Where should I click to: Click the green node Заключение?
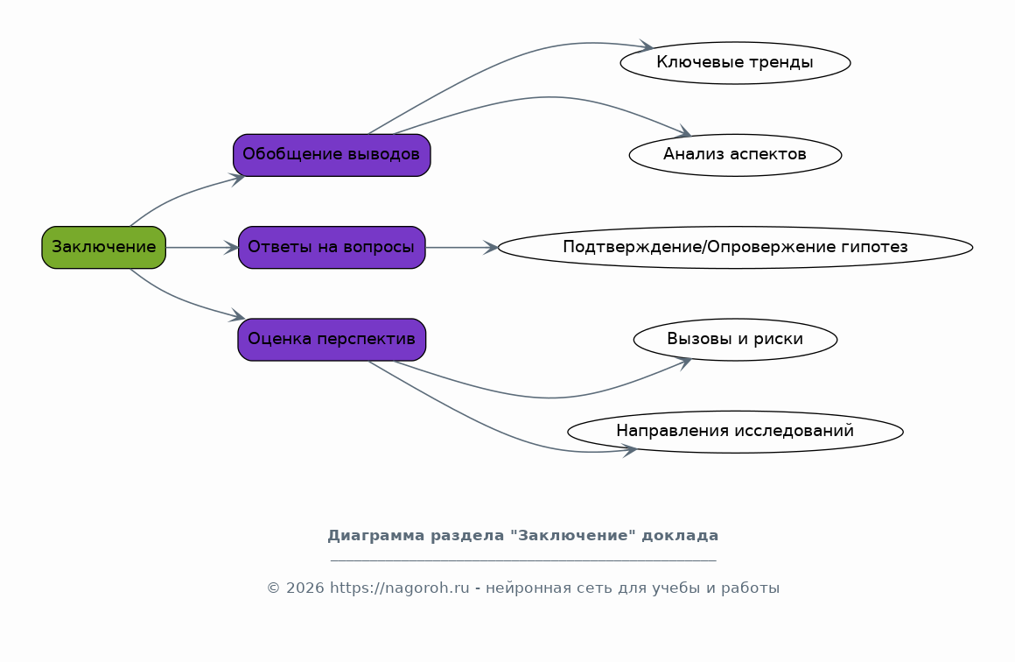click(103, 247)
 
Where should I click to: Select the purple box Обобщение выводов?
click(332, 155)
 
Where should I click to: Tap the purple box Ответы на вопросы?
click(332, 247)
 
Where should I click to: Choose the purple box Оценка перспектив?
click(332, 339)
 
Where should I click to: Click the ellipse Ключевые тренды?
click(735, 63)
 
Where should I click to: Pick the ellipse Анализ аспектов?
click(735, 155)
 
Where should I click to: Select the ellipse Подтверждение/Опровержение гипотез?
click(735, 247)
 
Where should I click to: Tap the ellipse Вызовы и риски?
click(735, 339)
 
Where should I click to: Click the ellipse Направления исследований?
click(735, 431)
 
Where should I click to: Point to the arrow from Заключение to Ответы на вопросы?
click(201, 248)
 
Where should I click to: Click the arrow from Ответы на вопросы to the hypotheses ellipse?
click(461, 248)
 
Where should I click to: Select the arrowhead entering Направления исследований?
click(630, 450)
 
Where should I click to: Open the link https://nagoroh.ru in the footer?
click(399, 588)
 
